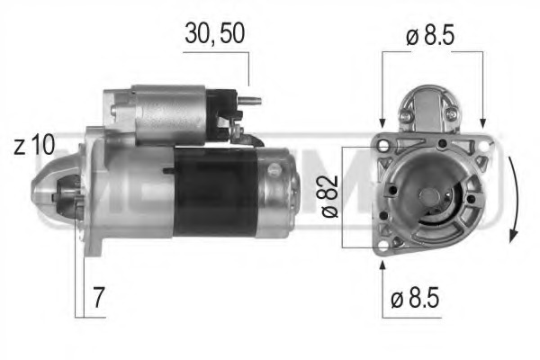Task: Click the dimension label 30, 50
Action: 214,32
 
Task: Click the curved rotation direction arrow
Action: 512,198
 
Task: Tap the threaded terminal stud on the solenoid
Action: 254,101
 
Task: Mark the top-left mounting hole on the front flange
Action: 383,143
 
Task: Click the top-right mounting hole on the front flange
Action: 485,143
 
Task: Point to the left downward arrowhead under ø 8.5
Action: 383,121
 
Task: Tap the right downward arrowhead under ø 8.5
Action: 484,121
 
